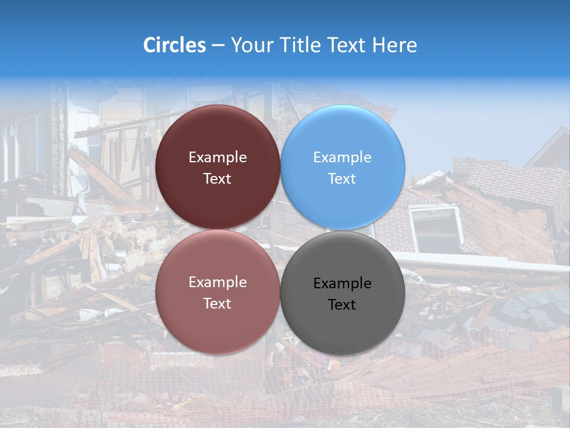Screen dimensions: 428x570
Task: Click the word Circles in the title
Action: [x=174, y=45]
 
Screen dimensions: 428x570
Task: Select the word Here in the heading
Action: [x=394, y=45]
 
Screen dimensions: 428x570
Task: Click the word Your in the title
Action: [x=252, y=45]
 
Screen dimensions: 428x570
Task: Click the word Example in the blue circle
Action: [x=342, y=158]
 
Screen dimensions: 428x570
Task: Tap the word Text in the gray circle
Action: [x=342, y=305]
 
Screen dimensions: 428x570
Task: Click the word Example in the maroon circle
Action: [x=217, y=158]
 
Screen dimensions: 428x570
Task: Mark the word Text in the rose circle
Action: [x=217, y=304]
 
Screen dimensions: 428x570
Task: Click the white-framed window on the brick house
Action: [x=438, y=229]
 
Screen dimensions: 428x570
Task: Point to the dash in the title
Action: [x=217, y=45]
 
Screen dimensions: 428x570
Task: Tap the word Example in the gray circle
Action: [x=342, y=284]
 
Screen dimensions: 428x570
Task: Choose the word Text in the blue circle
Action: [x=342, y=179]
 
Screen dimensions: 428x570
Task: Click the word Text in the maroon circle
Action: [x=217, y=179]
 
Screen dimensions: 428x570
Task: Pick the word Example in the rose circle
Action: [x=217, y=282]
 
